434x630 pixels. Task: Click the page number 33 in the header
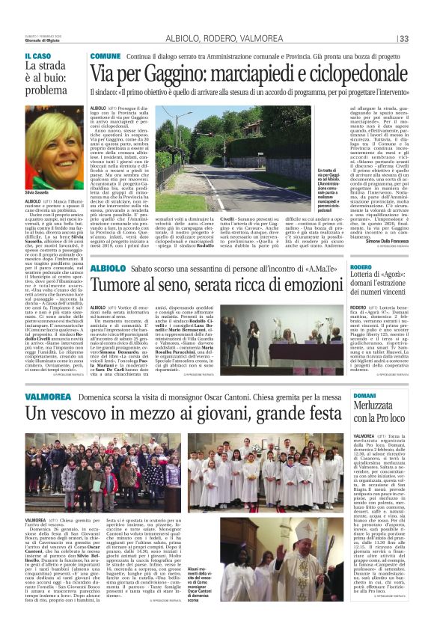pos(403,39)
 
